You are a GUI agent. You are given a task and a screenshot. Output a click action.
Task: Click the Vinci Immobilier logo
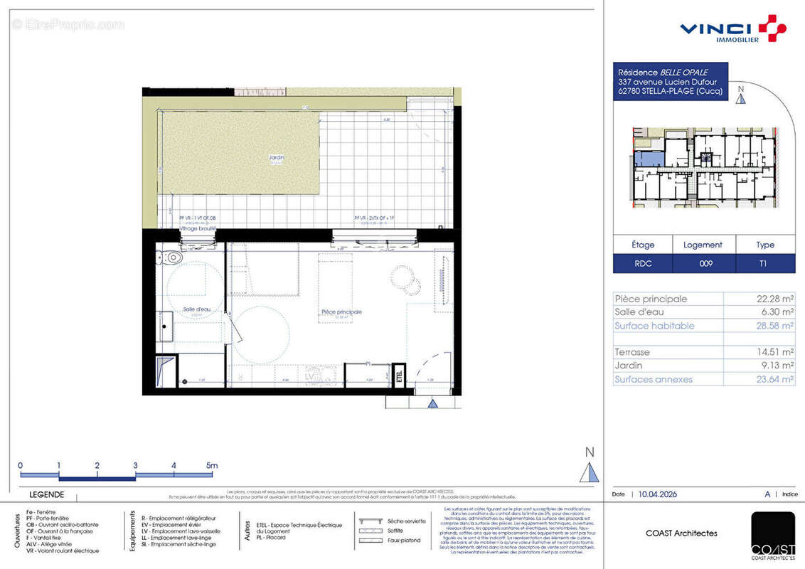(x=732, y=28)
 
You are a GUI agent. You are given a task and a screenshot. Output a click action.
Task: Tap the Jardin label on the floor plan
(x=277, y=158)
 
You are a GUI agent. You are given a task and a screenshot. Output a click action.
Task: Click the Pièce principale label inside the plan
(x=342, y=312)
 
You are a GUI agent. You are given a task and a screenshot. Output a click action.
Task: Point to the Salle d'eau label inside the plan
(x=196, y=309)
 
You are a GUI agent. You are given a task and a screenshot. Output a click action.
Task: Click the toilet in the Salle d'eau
(x=172, y=257)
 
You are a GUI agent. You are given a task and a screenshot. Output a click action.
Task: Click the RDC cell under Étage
(x=643, y=263)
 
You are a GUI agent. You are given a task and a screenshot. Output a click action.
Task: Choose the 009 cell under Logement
(x=703, y=263)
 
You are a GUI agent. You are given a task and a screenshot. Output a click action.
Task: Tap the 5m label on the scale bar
(x=211, y=466)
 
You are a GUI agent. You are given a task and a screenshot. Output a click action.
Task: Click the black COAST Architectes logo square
(x=773, y=533)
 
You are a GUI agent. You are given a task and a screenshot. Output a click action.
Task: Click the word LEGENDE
(x=46, y=494)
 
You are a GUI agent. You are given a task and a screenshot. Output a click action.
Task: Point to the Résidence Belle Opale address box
(x=670, y=81)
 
